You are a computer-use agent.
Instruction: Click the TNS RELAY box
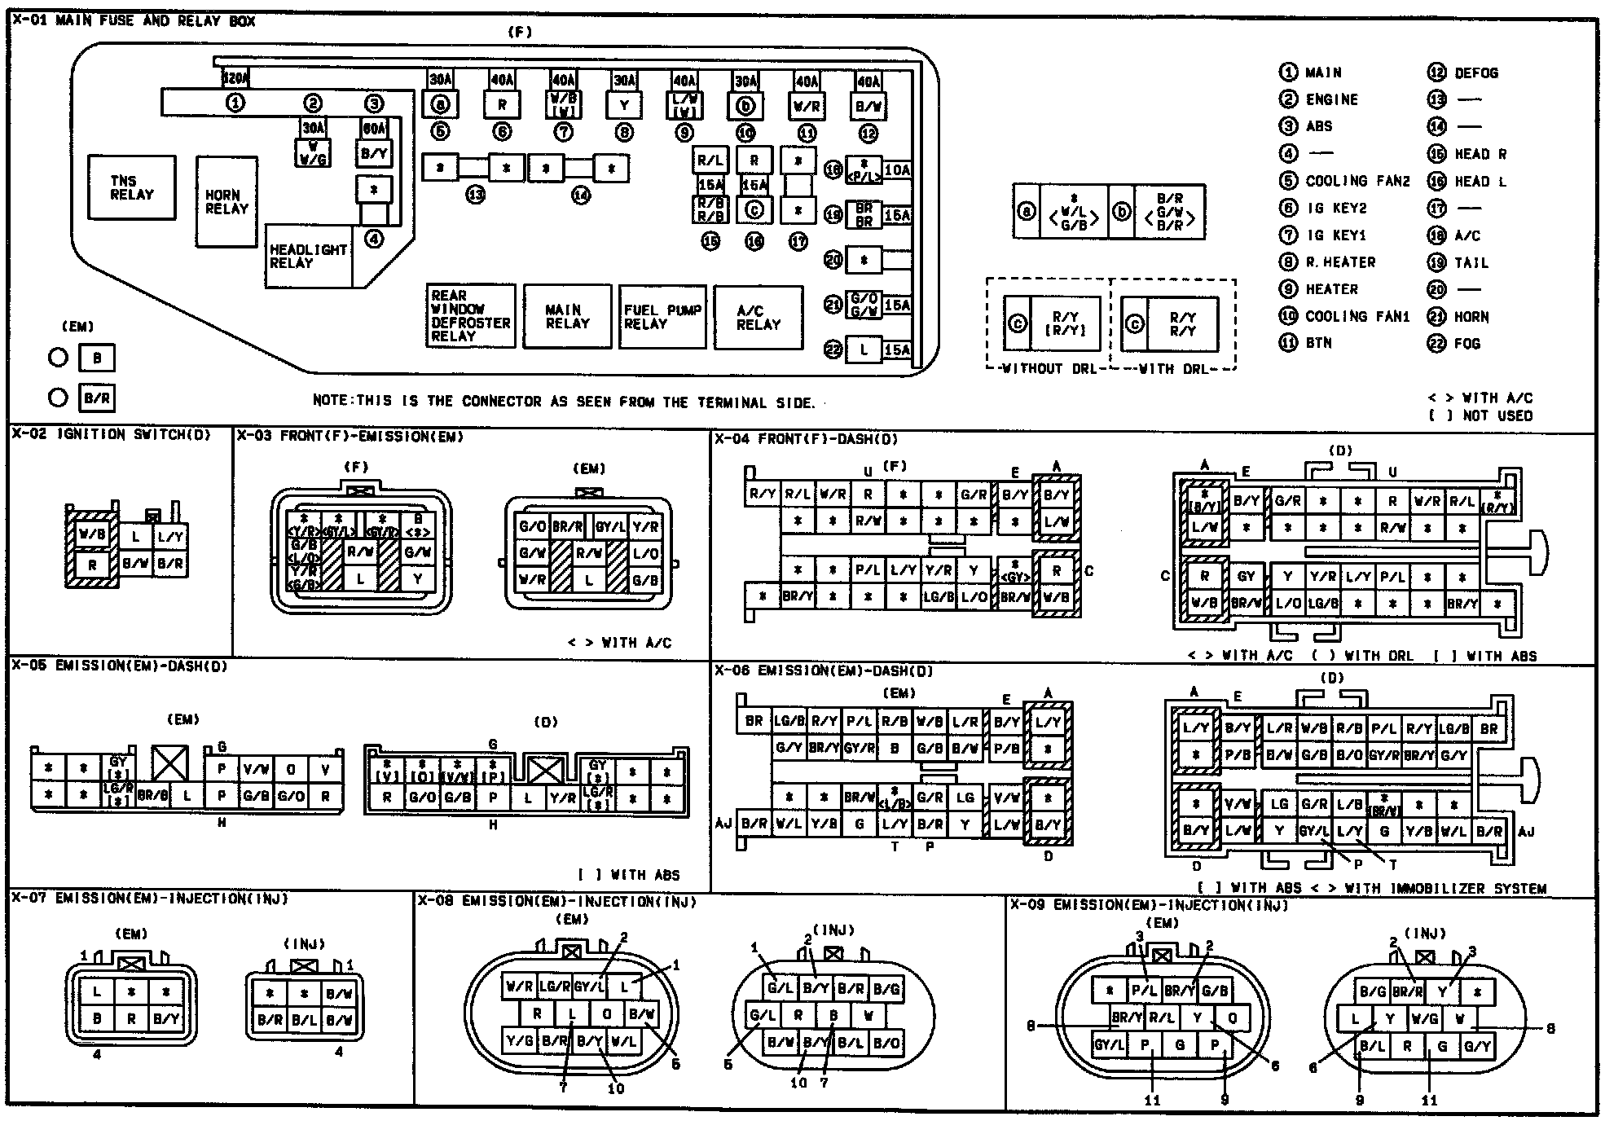click(x=131, y=187)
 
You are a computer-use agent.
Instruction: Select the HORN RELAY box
click(x=226, y=201)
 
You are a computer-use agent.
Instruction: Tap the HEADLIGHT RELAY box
click(x=308, y=256)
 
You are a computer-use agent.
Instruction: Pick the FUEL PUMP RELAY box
click(x=662, y=317)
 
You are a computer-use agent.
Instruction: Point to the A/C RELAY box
click(x=758, y=317)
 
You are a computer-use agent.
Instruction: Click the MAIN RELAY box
click(x=567, y=317)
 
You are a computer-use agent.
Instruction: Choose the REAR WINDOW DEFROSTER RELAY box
click(x=471, y=316)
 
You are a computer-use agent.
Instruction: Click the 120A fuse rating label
click(x=235, y=79)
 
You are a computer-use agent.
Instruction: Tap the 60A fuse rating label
click(x=374, y=128)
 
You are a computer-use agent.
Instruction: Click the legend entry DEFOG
click(x=1475, y=73)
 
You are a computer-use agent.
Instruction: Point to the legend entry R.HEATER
click(x=1340, y=262)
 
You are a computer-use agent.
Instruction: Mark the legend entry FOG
click(x=1466, y=344)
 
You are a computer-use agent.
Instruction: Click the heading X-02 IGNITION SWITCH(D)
click(x=111, y=435)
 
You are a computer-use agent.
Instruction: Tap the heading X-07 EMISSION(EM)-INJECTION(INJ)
click(x=150, y=899)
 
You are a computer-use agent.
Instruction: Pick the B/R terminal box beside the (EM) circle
click(x=97, y=398)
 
